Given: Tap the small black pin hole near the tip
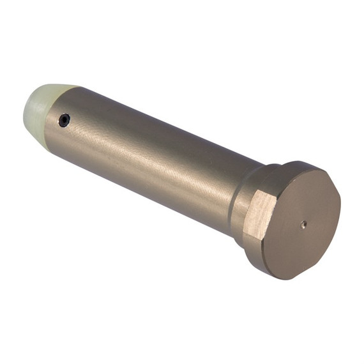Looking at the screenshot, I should click(x=64, y=119).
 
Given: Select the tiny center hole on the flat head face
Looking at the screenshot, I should click(x=303, y=224).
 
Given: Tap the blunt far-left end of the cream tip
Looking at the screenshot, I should click(x=26, y=112).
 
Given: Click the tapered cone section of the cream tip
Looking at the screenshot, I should click(x=51, y=96).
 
